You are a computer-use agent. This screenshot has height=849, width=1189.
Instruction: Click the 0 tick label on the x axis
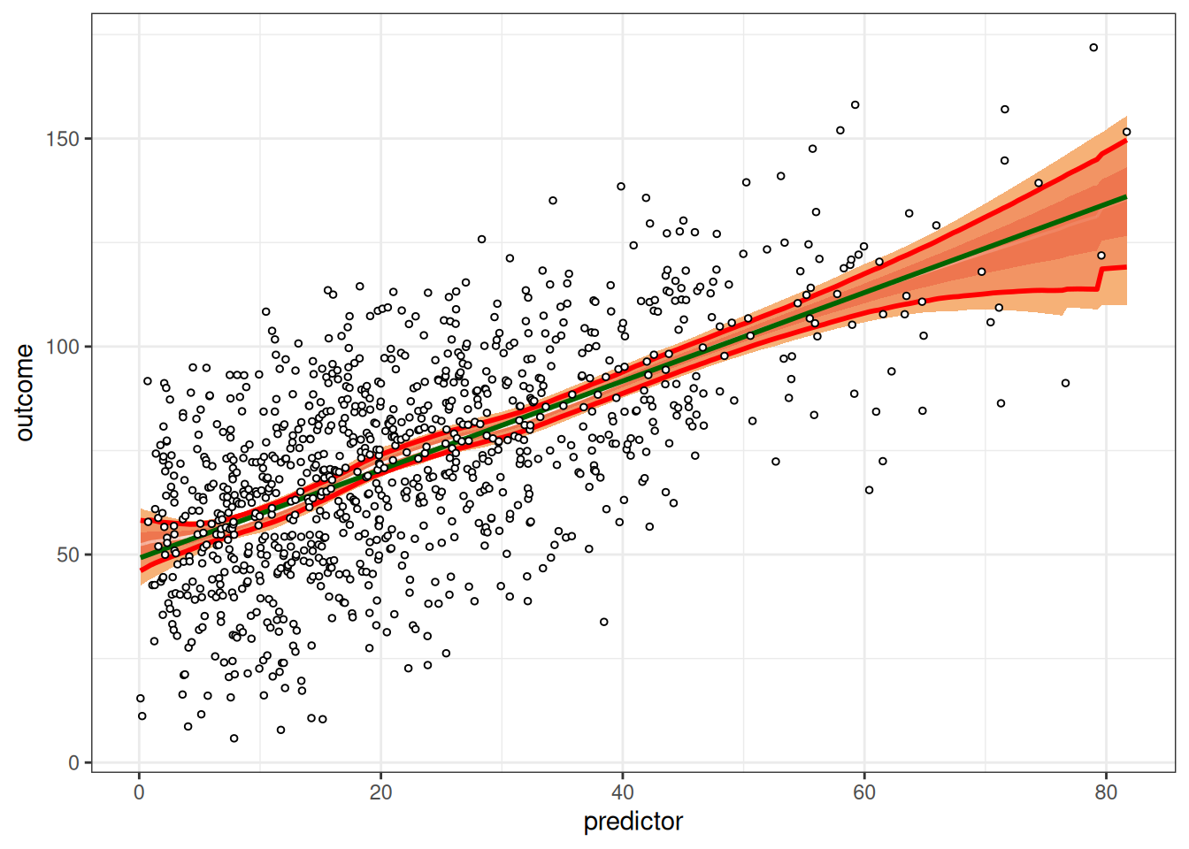click(139, 792)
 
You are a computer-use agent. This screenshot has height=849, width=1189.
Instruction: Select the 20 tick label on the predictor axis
click(380, 792)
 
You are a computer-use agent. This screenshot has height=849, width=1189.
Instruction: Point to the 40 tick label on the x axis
click(622, 792)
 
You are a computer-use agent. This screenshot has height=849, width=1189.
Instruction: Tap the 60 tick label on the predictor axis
click(864, 792)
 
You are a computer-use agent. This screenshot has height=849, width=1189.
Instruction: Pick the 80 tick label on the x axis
click(1106, 792)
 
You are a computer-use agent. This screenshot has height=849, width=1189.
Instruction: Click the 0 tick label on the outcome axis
click(73, 763)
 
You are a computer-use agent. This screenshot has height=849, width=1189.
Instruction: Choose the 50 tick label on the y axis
click(67, 555)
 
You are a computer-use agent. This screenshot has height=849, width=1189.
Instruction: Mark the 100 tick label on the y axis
click(62, 347)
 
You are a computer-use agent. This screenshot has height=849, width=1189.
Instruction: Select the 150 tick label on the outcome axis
click(62, 139)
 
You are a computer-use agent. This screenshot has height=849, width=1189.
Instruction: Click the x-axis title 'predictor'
click(633, 822)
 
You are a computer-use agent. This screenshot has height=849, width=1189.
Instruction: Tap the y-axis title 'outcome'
click(25, 393)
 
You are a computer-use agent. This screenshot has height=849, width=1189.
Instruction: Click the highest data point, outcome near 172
click(1093, 48)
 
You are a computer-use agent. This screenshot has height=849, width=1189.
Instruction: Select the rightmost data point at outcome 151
click(1126, 132)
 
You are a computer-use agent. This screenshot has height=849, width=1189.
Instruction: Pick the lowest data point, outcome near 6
click(234, 738)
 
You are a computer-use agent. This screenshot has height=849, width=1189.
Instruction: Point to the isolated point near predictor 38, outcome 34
click(604, 622)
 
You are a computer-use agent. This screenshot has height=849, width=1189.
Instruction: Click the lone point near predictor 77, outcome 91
click(1066, 383)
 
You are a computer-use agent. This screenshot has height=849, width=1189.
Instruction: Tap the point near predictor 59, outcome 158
click(855, 105)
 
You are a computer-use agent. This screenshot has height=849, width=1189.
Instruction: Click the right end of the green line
click(1125, 196)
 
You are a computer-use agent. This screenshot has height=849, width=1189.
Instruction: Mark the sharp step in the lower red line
click(1100, 277)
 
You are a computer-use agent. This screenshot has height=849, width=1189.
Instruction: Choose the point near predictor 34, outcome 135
click(553, 201)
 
